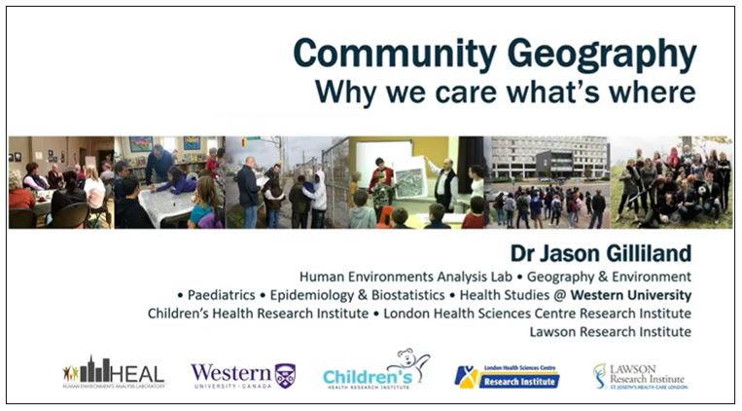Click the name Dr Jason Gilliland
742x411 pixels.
[600, 253]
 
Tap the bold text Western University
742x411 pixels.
[631, 295]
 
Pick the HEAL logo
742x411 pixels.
[115, 373]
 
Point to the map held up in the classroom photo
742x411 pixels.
[412, 182]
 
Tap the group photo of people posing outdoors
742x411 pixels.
[671, 182]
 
